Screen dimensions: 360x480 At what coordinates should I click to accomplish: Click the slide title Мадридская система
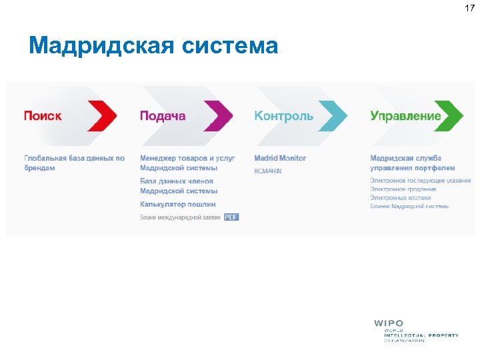(x=153, y=46)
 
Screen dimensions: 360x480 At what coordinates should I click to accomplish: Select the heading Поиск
(x=43, y=116)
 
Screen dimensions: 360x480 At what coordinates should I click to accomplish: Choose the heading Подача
(x=163, y=116)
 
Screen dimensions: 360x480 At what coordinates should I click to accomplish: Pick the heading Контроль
(x=283, y=116)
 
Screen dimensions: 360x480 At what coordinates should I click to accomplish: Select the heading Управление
(x=405, y=116)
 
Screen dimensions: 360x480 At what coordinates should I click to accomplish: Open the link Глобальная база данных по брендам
(x=74, y=163)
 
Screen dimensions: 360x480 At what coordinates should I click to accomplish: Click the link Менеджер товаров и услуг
(x=187, y=159)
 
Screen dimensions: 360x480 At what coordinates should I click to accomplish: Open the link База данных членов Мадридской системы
(x=178, y=186)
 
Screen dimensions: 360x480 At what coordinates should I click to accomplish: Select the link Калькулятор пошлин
(x=177, y=204)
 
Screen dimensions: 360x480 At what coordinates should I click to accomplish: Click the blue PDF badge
(x=231, y=217)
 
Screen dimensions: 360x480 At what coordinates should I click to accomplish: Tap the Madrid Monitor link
(x=280, y=159)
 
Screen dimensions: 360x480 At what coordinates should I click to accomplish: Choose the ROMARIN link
(x=268, y=171)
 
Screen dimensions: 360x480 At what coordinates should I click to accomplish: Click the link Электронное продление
(x=403, y=189)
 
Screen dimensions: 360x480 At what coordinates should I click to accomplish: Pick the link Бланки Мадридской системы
(x=409, y=206)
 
